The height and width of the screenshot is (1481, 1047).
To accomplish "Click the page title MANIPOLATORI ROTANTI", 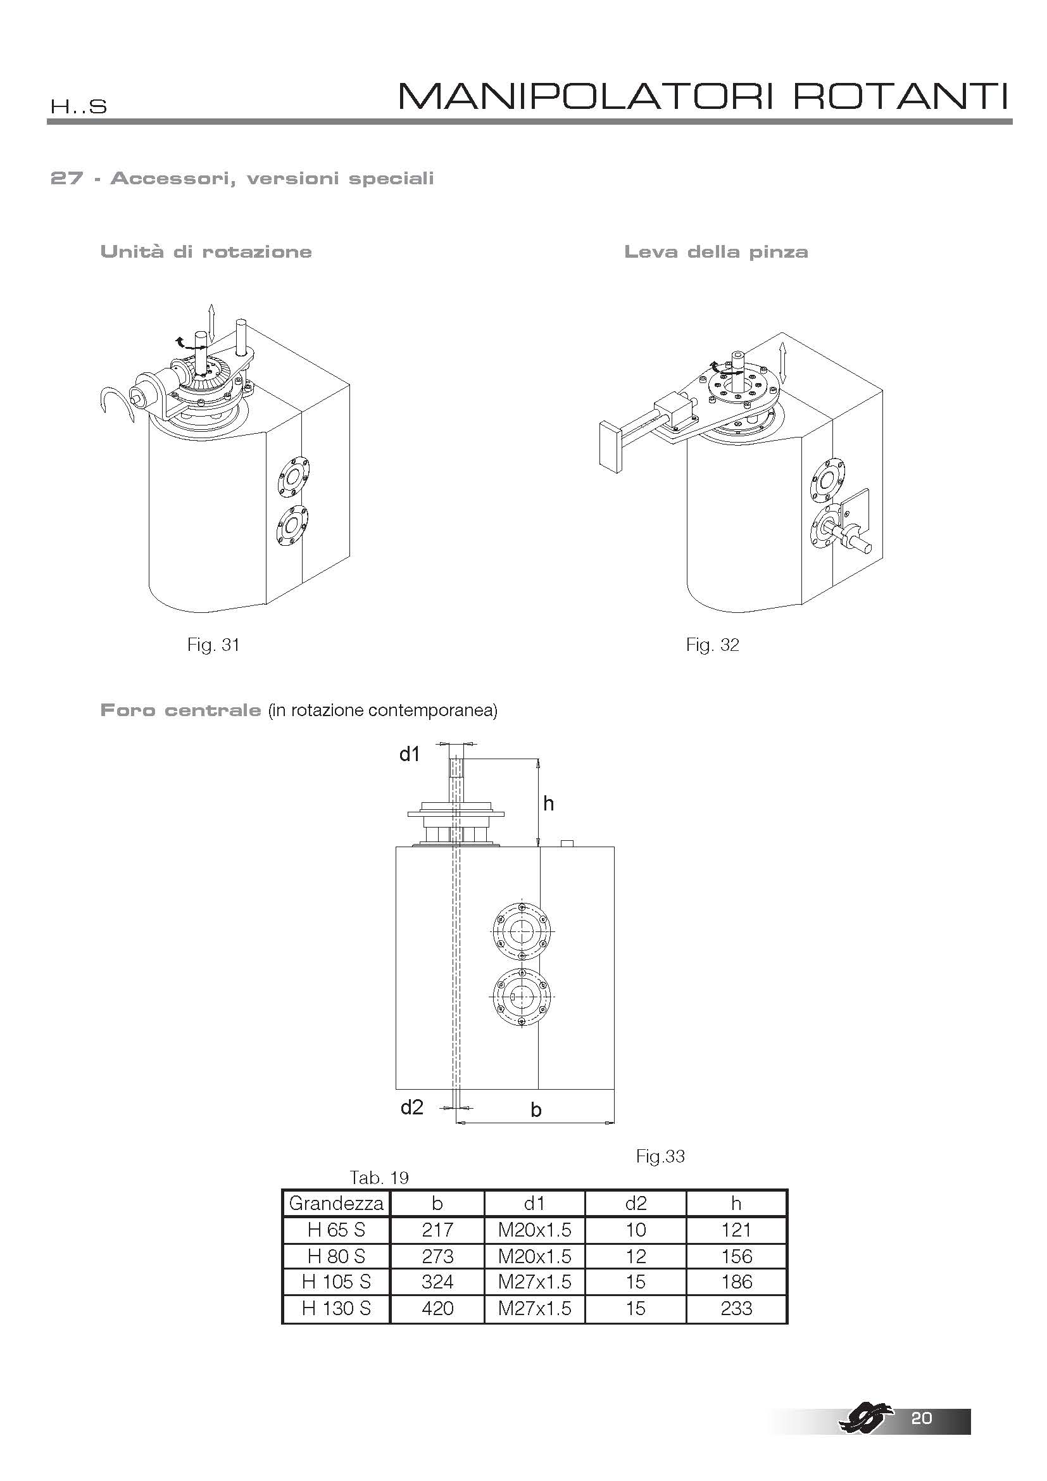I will click(703, 96).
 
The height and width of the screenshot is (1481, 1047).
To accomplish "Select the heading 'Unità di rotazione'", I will click(206, 251).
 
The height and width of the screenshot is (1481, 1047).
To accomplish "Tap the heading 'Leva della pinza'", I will click(716, 251).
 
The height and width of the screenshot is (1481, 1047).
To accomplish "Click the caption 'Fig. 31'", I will click(213, 645).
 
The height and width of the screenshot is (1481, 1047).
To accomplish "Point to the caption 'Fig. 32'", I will click(712, 645).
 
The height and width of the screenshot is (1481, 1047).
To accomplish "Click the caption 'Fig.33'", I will click(660, 1156).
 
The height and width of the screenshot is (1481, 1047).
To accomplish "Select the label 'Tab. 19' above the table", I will click(379, 1178).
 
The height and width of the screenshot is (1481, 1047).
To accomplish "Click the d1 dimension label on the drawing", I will click(410, 753).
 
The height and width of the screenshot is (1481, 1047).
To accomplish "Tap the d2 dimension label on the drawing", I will click(412, 1107).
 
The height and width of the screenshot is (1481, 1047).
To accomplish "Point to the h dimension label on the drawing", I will click(549, 804).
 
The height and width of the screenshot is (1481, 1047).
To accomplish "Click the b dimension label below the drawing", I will click(536, 1110).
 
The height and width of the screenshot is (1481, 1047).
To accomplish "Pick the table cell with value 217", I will click(438, 1230).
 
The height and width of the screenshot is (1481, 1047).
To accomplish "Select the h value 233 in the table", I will click(736, 1308).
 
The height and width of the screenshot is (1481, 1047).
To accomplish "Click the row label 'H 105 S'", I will click(337, 1282).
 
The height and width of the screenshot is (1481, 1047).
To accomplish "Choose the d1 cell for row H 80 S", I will click(534, 1256).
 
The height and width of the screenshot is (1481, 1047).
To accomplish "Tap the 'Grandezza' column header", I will click(337, 1203).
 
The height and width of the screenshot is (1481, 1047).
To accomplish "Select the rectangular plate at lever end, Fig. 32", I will click(610, 446).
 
